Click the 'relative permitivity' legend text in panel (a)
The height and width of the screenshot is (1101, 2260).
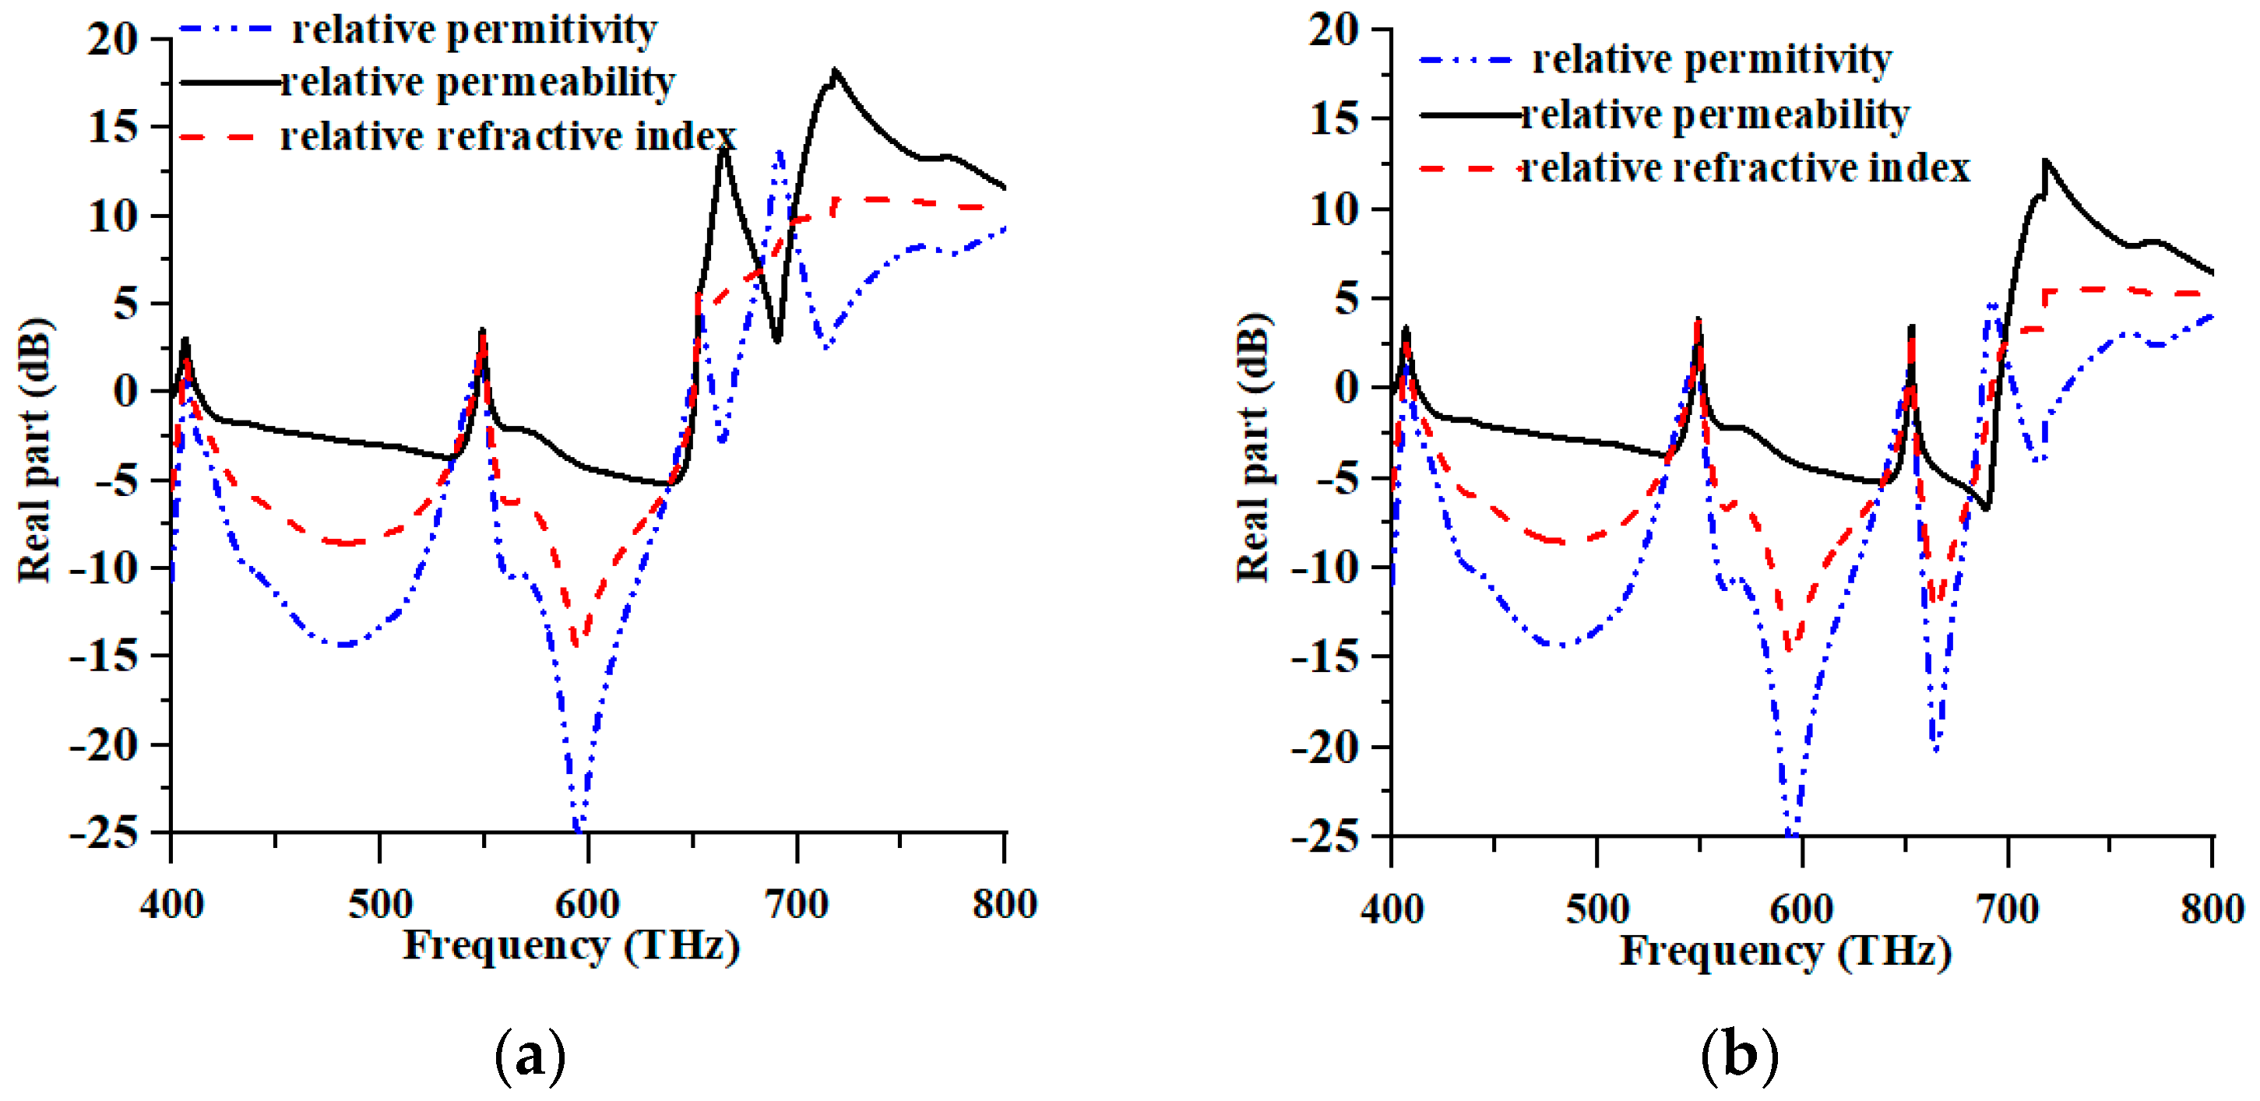[x=473, y=30]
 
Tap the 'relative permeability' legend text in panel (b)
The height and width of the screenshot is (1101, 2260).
[x=1715, y=114]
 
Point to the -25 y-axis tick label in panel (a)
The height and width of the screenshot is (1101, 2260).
[x=104, y=832]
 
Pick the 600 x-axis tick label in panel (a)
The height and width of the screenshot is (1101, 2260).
[x=588, y=903]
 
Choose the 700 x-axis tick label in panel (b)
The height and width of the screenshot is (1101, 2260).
[x=2008, y=909]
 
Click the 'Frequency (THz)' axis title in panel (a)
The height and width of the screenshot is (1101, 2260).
[x=571, y=946]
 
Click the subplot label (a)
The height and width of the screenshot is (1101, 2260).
[x=530, y=1055]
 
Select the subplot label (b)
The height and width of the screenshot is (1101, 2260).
[x=1739, y=1055]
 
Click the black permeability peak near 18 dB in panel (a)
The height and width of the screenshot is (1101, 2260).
[x=834, y=72]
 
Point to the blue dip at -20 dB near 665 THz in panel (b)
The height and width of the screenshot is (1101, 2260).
[x=1936, y=748]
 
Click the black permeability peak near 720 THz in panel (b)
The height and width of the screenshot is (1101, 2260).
[x=2045, y=162]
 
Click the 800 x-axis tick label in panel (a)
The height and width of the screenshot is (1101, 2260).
[x=1005, y=903]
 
